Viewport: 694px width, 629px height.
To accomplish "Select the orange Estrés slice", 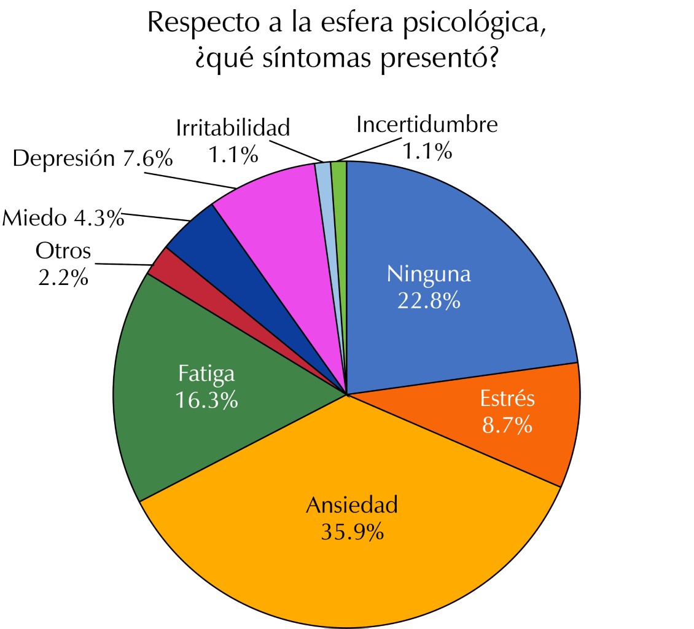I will [522, 430].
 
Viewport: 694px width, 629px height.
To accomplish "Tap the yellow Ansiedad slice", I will [344, 553].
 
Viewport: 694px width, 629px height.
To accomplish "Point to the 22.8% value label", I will [429, 300].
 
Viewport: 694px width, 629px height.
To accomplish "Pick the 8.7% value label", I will [507, 425].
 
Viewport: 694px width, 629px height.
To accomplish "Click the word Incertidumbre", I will [426, 125].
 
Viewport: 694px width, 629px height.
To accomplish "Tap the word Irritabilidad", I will [232, 128].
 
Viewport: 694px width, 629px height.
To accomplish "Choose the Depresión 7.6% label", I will [92, 158].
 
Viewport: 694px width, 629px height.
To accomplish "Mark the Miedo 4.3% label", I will [63, 218].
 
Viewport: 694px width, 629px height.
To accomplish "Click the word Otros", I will [63, 251].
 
